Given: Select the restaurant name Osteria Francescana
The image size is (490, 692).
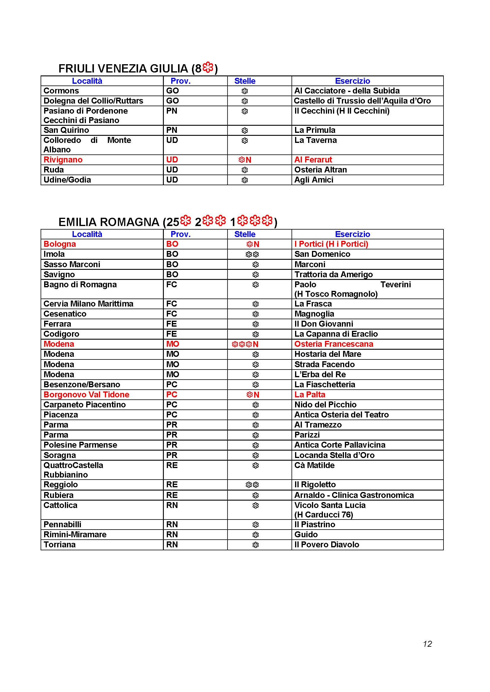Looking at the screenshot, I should tap(334, 344).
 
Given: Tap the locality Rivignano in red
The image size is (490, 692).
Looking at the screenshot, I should tap(63, 160).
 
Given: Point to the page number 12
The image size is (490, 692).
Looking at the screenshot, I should tap(427, 644).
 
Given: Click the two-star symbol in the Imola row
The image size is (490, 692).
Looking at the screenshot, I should tap(252, 254).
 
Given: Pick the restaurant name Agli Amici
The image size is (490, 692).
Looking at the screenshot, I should tap(314, 180).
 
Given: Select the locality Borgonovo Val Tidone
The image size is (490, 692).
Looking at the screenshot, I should tap(86, 395).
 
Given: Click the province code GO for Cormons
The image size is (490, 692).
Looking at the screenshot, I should tap(172, 91).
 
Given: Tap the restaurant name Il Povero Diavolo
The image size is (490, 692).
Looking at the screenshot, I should tap(327, 545).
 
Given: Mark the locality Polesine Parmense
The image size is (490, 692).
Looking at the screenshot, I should tap(80, 445).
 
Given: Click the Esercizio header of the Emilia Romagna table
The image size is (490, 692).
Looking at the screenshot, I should tap(353, 234).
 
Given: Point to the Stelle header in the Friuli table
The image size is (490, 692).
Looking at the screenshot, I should tap(245, 81).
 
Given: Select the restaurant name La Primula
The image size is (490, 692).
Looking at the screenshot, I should tap(315, 130).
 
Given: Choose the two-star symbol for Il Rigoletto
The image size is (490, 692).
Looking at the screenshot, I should tap(252, 485).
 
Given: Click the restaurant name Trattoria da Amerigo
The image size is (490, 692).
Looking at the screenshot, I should tap(333, 275).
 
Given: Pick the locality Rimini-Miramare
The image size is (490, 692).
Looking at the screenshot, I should tap(75, 534).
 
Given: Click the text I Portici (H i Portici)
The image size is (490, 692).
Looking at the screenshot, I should tap(331, 244).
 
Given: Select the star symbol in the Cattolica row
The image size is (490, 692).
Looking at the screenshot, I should tap(256, 505).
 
